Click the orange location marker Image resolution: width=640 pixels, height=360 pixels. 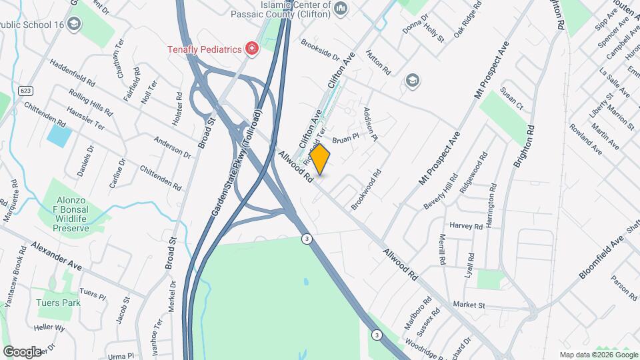(x=320, y=159)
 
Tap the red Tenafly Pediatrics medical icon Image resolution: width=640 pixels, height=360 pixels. (x=252, y=48)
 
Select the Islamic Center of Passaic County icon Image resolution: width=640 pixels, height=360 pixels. (x=341, y=9)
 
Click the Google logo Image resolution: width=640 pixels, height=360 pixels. (x=21, y=351)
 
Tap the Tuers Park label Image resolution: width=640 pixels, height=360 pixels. (x=59, y=303)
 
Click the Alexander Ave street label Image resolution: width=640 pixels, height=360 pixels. (x=56, y=256)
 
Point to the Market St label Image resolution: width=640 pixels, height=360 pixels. (x=469, y=305)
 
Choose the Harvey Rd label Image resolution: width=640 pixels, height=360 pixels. (x=466, y=226)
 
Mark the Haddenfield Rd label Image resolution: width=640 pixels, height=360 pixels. (x=72, y=74)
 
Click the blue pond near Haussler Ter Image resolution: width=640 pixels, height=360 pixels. (x=59, y=136)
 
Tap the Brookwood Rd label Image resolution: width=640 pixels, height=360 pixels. (x=366, y=190)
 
